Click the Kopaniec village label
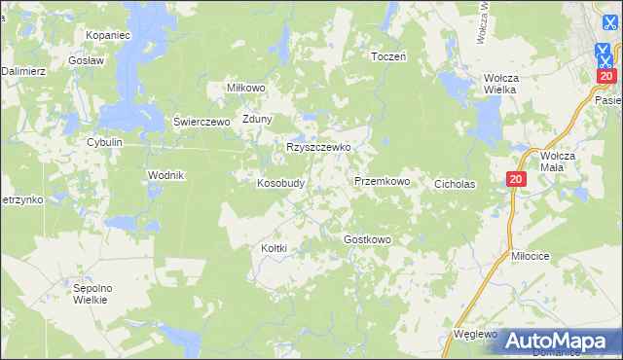107,35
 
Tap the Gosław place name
87,59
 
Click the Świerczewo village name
201,122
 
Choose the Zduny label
257,120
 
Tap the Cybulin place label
104,142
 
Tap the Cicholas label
455,183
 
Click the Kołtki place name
275,248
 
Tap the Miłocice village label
531,255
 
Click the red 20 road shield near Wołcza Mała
516,179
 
